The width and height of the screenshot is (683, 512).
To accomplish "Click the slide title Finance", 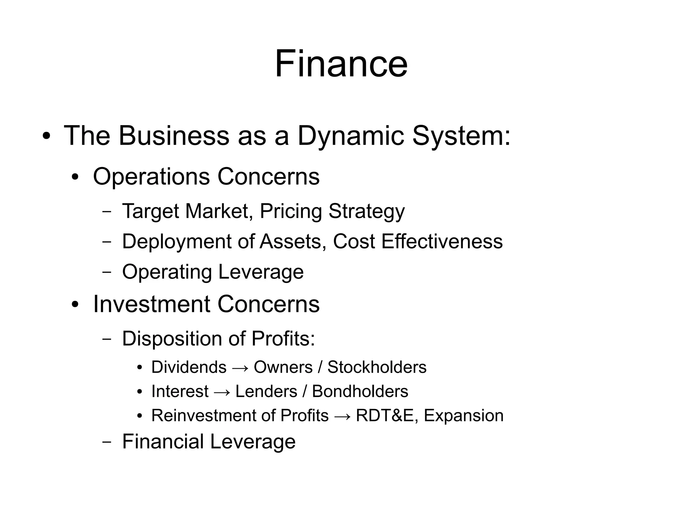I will coord(341,64).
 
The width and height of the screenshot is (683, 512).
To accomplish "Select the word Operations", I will coord(151,176).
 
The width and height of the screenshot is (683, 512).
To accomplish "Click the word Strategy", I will coord(367,211).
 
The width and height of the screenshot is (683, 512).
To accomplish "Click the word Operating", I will coord(167,272).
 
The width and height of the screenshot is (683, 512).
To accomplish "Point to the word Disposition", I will coord(172,339).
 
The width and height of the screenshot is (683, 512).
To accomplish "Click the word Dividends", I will coord(189,367).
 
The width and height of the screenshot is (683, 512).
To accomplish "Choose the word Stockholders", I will coord(377,367).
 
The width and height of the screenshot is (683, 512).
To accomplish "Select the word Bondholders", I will coord(360,391).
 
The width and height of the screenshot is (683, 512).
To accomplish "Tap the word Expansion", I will coord(464,416).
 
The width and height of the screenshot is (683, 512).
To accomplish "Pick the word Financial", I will coord(162,442).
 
